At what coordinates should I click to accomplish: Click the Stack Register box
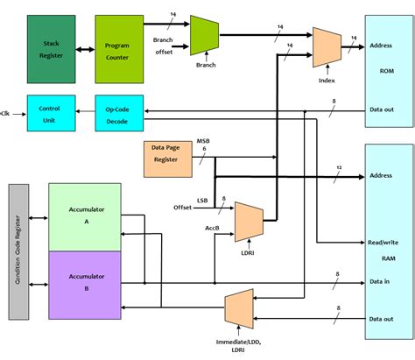52,49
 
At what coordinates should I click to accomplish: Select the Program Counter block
119,49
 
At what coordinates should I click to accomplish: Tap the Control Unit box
52,113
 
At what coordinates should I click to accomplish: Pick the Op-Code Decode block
119,113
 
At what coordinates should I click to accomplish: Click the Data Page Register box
168,159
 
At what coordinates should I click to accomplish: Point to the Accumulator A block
85,217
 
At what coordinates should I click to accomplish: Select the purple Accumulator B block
85,285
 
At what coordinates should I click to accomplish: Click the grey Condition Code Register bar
18,251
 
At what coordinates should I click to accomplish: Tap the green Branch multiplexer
204,35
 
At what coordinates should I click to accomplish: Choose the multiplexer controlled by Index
327,47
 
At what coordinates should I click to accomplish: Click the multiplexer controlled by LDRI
249,222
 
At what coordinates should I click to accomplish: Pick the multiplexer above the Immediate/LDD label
239,308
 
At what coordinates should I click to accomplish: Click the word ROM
387,71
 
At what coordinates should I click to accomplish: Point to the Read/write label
383,243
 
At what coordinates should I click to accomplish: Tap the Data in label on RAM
379,281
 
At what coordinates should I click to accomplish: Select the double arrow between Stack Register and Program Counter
85,50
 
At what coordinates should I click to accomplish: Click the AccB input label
212,228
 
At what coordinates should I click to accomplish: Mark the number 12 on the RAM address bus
339,167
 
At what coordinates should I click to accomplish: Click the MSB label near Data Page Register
203,141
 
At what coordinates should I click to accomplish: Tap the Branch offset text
163,46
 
